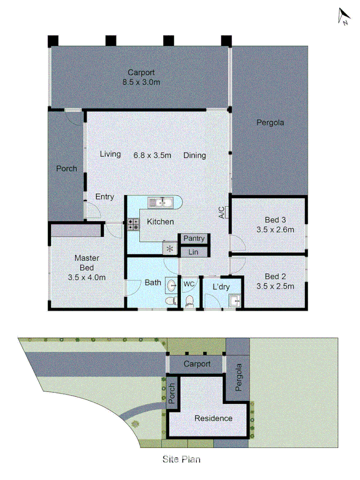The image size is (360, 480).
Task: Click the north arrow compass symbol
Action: click(344, 17)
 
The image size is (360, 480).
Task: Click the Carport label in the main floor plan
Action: click(141, 73)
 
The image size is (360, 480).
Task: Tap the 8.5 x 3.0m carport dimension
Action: click(141, 82)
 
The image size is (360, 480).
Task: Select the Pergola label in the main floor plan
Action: click(270, 122)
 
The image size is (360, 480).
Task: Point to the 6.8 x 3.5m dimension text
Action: click(152, 155)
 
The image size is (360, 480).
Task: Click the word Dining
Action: click(195, 155)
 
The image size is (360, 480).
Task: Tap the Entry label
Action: click(105, 197)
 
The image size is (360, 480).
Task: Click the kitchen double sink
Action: click(159, 202)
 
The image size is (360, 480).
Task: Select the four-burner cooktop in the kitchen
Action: click(133, 224)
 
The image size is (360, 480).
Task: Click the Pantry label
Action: click(195, 239)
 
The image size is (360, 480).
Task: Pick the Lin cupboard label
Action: click(194, 251)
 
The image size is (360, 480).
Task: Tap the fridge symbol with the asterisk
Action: click(170, 248)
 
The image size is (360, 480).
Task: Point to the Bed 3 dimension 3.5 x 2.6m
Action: click(275, 229)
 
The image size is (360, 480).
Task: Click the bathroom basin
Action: click(172, 285)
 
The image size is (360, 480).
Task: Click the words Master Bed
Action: click(86, 262)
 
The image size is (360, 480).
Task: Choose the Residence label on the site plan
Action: click(213, 418)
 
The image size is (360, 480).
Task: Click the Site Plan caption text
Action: click(181, 458)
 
